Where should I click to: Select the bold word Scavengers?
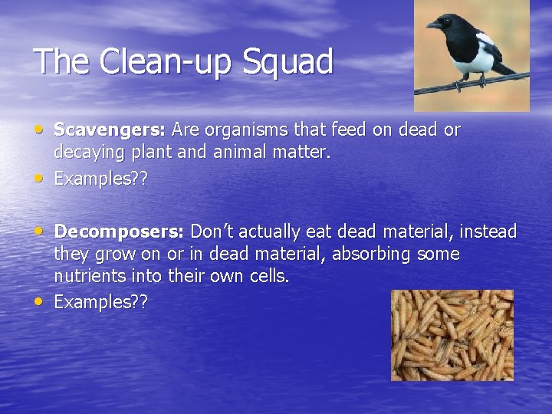point(111,130)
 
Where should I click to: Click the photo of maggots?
point(452,334)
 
